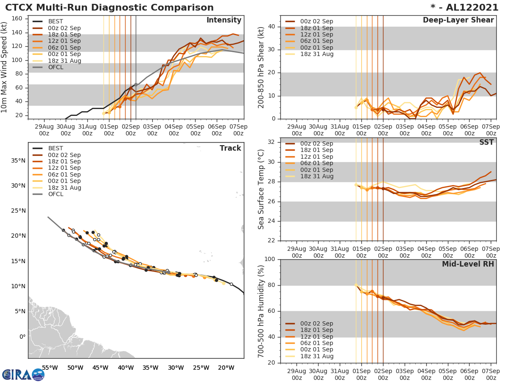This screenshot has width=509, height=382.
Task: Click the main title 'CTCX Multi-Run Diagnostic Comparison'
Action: point(109,8)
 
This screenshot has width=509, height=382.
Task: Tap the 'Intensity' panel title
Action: point(224,20)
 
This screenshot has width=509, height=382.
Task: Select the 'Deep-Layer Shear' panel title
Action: point(458,20)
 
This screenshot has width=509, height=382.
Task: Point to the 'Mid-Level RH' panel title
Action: point(468,264)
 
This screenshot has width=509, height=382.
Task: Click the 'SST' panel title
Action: point(487,142)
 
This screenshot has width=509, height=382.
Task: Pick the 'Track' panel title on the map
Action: point(230,148)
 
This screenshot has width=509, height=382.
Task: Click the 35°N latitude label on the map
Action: point(18,160)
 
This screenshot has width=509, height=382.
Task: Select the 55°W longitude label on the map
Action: point(50,368)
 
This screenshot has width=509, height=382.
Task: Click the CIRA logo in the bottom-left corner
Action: point(23,374)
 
